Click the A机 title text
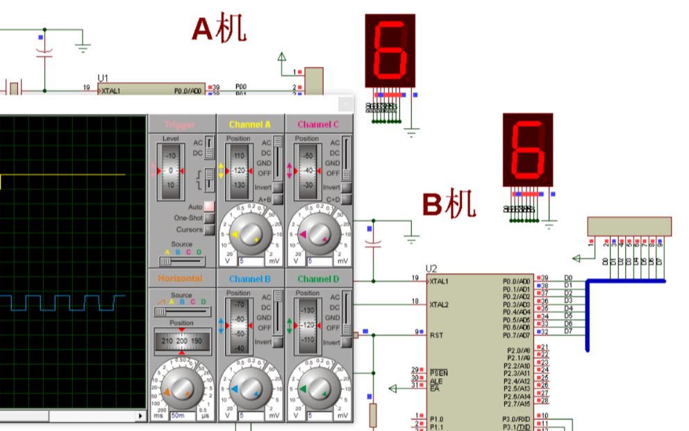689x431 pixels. [x=219, y=29]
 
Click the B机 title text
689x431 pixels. [x=449, y=204]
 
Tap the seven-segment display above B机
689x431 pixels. [x=528, y=150]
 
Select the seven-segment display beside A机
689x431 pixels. [x=390, y=50]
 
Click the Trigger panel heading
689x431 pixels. [x=180, y=124]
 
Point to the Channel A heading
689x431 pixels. [x=250, y=124]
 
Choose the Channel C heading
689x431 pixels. [x=318, y=124]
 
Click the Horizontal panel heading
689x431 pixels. [x=180, y=279]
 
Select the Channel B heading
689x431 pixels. [x=250, y=279]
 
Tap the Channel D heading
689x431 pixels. [x=318, y=279]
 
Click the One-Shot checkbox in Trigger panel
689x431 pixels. [x=209, y=218]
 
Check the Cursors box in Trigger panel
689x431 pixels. [x=209, y=229]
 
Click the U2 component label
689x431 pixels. [x=432, y=268]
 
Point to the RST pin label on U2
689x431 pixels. [x=437, y=334]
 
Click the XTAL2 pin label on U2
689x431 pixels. [x=440, y=304]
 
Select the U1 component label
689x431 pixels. [x=103, y=78]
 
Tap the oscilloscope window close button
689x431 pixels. [x=344, y=104]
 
